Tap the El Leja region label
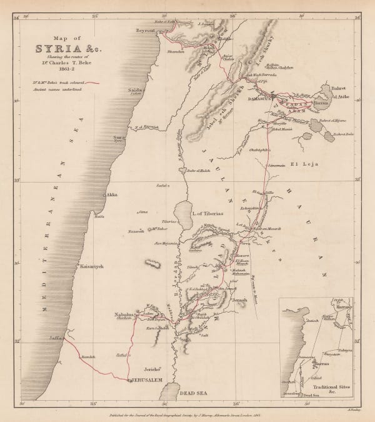coord(304,164)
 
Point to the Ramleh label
coord(87,356)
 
